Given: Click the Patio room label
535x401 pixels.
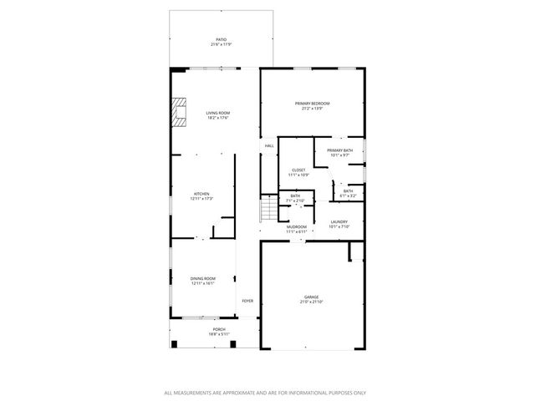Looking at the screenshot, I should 221,39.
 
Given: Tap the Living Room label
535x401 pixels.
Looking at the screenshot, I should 218,113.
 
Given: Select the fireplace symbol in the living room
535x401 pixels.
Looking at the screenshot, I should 179,111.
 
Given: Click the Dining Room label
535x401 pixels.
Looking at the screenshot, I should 203,278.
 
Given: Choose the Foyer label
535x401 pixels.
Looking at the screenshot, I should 247,301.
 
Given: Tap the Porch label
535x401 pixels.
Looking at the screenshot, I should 219,329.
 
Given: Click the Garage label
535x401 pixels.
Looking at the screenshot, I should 311,297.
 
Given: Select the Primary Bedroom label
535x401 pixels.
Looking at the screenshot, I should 312,104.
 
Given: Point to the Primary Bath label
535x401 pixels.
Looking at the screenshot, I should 339,150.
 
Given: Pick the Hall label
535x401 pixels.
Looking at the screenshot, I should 269,146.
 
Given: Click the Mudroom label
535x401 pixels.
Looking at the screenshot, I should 297,226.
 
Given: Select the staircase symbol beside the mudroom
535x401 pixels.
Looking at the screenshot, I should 268,209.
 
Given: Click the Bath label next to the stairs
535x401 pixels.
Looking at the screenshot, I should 295,196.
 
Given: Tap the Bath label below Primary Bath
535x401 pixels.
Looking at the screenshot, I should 348,190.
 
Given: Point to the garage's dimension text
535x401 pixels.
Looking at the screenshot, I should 311,302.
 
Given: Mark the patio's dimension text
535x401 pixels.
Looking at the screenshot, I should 221,44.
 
